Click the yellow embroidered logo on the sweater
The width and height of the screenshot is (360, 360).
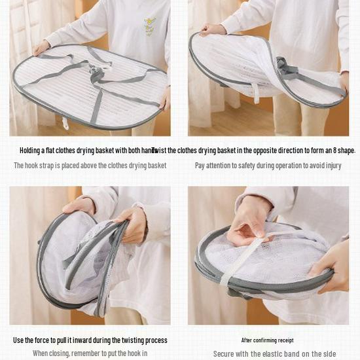pyautogui.click(x=150, y=26)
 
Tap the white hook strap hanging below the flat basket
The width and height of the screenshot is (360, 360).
pyautogui.click(x=66, y=122)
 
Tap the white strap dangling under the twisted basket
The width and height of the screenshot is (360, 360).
pyautogui.click(x=256, y=93)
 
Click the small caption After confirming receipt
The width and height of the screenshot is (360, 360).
pyautogui.click(x=268, y=340)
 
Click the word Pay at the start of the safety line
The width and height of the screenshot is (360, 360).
pyautogui.click(x=201, y=166)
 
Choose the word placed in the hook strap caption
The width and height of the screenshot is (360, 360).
pyautogui.click(x=79, y=166)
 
